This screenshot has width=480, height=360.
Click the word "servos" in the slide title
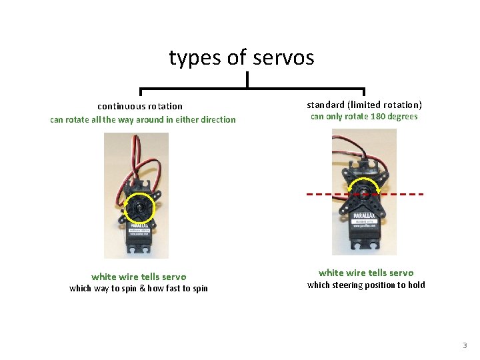283,58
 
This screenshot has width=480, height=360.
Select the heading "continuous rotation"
140,106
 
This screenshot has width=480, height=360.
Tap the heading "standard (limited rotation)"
364,105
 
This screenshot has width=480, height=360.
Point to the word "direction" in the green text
214,120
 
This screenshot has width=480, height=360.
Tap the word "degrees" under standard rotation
403,117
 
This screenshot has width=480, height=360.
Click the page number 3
465,345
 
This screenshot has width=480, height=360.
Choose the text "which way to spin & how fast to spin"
139,289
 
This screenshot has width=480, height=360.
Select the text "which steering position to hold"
365,285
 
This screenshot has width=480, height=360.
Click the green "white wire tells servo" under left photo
139,277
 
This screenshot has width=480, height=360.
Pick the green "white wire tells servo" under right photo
365,273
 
